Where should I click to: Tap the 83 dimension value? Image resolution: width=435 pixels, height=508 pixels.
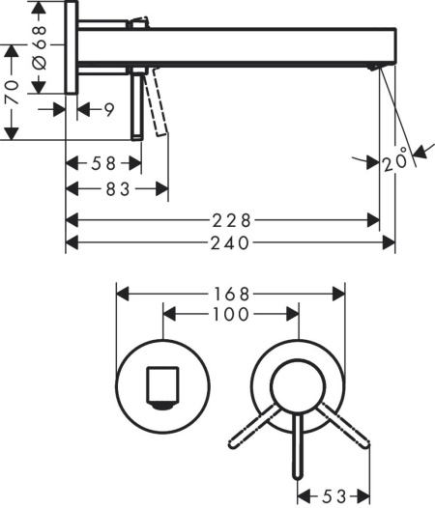coord(118,190)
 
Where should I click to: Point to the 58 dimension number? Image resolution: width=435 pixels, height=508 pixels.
coord(102,164)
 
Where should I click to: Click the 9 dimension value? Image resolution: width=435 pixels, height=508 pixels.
coord(109,110)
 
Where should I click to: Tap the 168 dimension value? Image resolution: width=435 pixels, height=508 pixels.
coord(231,293)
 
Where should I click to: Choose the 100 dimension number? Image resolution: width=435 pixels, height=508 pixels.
coord(231,314)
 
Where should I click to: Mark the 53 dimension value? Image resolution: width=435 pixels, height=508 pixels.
coord(333,496)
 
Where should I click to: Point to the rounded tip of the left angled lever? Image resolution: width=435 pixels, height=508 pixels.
coord(233,445)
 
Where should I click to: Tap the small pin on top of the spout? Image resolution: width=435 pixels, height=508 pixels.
coord(141,19)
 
